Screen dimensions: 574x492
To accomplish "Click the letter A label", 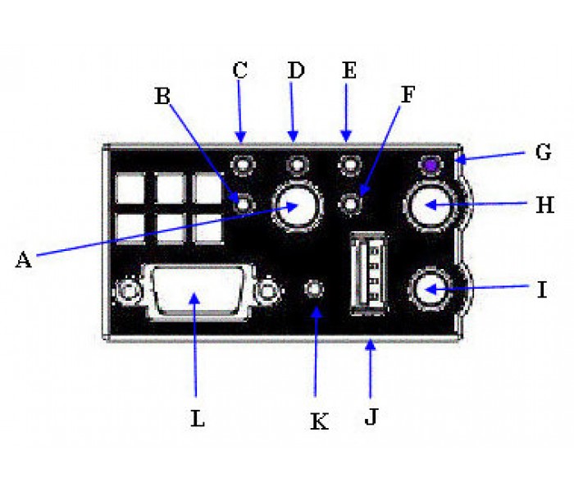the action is [24, 260].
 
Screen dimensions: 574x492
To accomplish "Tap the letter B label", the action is [162, 96].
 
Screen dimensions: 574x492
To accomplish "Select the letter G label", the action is [543, 152].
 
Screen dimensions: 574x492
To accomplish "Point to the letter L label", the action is [198, 418].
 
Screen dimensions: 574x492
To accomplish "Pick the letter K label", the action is [319, 421].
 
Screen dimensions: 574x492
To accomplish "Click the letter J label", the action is [371, 417].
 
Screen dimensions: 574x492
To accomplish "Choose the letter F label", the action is [408, 94].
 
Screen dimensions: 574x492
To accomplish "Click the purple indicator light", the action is [431, 166].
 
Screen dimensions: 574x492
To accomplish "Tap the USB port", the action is [369, 273].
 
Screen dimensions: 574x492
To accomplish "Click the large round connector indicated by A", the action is [297, 206].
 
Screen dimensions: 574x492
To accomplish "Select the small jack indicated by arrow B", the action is [243, 204].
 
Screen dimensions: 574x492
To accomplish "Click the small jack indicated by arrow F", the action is [350, 204].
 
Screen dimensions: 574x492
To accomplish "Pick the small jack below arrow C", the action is [243, 165].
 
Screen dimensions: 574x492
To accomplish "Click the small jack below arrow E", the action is [350, 165].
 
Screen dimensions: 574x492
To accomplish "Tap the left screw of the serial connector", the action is [128, 291].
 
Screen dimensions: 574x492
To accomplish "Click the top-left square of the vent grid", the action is [130, 188].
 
